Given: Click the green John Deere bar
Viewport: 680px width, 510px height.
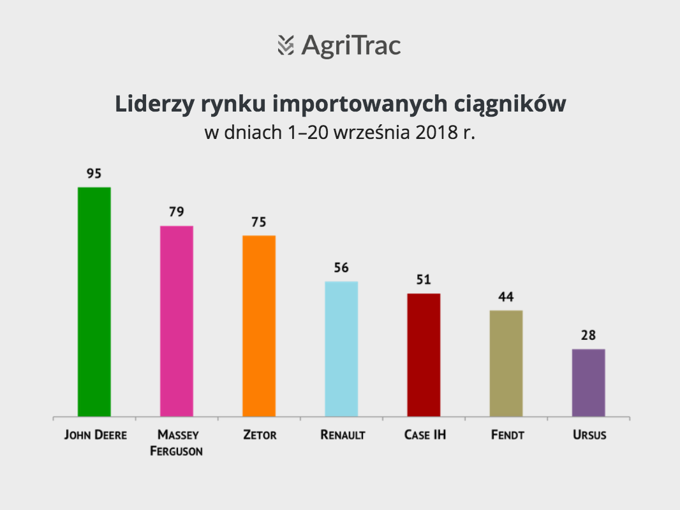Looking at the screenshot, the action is [x=94, y=302].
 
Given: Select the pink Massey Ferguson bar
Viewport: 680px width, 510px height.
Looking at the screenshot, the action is [x=177, y=321].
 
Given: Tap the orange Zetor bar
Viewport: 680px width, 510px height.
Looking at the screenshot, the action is [x=259, y=326].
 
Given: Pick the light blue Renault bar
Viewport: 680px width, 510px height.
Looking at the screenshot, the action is [x=341, y=349].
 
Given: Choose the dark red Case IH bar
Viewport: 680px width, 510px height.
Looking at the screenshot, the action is [x=424, y=355].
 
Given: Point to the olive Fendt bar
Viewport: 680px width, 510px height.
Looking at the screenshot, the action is [x=506, y=363].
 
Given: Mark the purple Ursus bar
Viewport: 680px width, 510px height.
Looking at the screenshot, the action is [x=589, y=382].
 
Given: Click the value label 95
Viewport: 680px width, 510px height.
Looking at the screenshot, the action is [x=94, y=174].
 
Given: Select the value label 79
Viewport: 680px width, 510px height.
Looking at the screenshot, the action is [x=177, y=212].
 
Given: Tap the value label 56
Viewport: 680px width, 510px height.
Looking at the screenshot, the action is [x=341, y=268].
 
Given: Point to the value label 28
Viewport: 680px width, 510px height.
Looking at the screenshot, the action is [x=589, y=335].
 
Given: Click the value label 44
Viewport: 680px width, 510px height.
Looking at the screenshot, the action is [x=506, y=297].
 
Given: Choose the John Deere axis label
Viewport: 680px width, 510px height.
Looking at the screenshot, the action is [x=96, y=435].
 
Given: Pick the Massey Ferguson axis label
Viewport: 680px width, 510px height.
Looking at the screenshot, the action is [x=177, y=443].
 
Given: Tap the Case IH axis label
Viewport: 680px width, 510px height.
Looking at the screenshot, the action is [x=425, y=435].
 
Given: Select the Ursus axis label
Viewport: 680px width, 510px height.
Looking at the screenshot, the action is [x=589, y=435].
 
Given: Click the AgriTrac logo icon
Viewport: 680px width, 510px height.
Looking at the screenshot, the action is [x=286, y=45].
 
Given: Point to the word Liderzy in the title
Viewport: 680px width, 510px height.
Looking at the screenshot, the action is [x=154, y=105].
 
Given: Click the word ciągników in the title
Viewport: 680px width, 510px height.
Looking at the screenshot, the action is [x=510, y=105].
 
